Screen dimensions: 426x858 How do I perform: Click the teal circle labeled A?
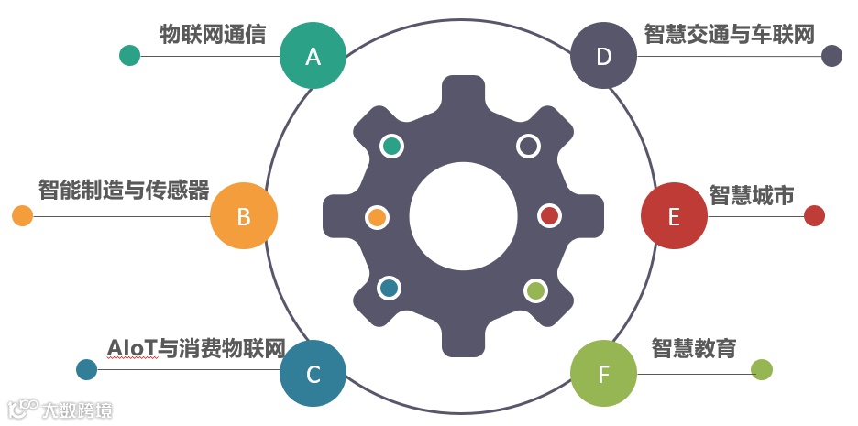tap(313, 56)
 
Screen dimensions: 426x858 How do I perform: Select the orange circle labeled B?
tap(244, 216)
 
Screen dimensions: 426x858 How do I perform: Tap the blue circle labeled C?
tap(313, 374)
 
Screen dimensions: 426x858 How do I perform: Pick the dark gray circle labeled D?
tap(603, 56)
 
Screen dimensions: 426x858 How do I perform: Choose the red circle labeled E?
tap(674, 216)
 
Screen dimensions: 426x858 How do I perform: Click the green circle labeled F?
tap(603, 374)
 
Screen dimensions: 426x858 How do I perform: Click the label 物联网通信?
tap(212, 36)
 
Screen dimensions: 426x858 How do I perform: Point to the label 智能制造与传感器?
tap(124, 191)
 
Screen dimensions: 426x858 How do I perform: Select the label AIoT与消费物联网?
tap(196, 348)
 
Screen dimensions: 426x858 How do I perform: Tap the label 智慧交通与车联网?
tap(730, 35)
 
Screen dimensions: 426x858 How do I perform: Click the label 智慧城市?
tap(752, 194)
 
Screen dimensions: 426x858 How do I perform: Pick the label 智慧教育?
tap(694, 348)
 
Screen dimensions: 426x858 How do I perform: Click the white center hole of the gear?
tap(463, 216)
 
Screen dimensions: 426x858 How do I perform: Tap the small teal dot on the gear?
tap(392, 145)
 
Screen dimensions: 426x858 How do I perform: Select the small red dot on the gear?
tap(549, 216)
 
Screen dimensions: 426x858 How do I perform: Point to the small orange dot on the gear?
tap(377, 217)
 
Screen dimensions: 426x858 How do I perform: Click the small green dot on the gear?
tap(535, 290)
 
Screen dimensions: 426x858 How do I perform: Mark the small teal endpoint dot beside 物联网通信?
tap(130, 56)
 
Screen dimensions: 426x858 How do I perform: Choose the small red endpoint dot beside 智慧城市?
tap(814, 216)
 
